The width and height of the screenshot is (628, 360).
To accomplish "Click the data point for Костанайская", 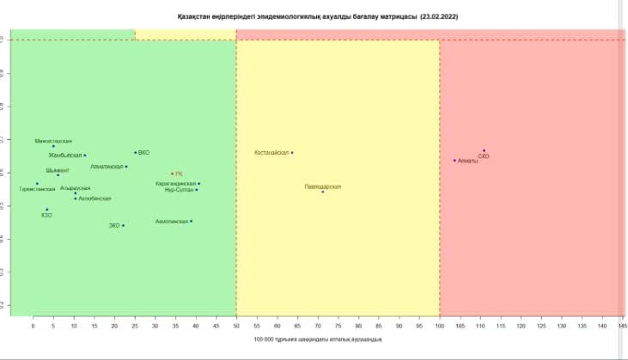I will [292, 153].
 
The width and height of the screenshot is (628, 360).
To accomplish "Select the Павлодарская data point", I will [323, 192].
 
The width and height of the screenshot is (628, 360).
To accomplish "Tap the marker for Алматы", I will [454, 161].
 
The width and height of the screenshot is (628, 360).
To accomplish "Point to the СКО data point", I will [484, 151].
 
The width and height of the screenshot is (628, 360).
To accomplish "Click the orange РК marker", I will [172, 174].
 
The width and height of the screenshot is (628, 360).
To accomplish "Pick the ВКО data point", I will [136, 153].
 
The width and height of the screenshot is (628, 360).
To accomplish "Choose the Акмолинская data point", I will [191, 222].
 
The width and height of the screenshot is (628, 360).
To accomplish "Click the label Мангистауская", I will [53, 140].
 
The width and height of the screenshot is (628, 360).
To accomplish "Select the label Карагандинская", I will [175, 184].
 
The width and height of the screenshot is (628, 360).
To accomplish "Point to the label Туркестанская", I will [37, 189].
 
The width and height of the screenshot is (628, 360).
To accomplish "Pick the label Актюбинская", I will [95, 198].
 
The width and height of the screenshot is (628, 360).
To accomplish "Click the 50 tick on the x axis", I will [236, 326].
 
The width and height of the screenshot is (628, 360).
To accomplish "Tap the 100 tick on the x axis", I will [440, 326].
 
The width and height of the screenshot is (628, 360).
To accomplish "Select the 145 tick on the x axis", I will [622, 326].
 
